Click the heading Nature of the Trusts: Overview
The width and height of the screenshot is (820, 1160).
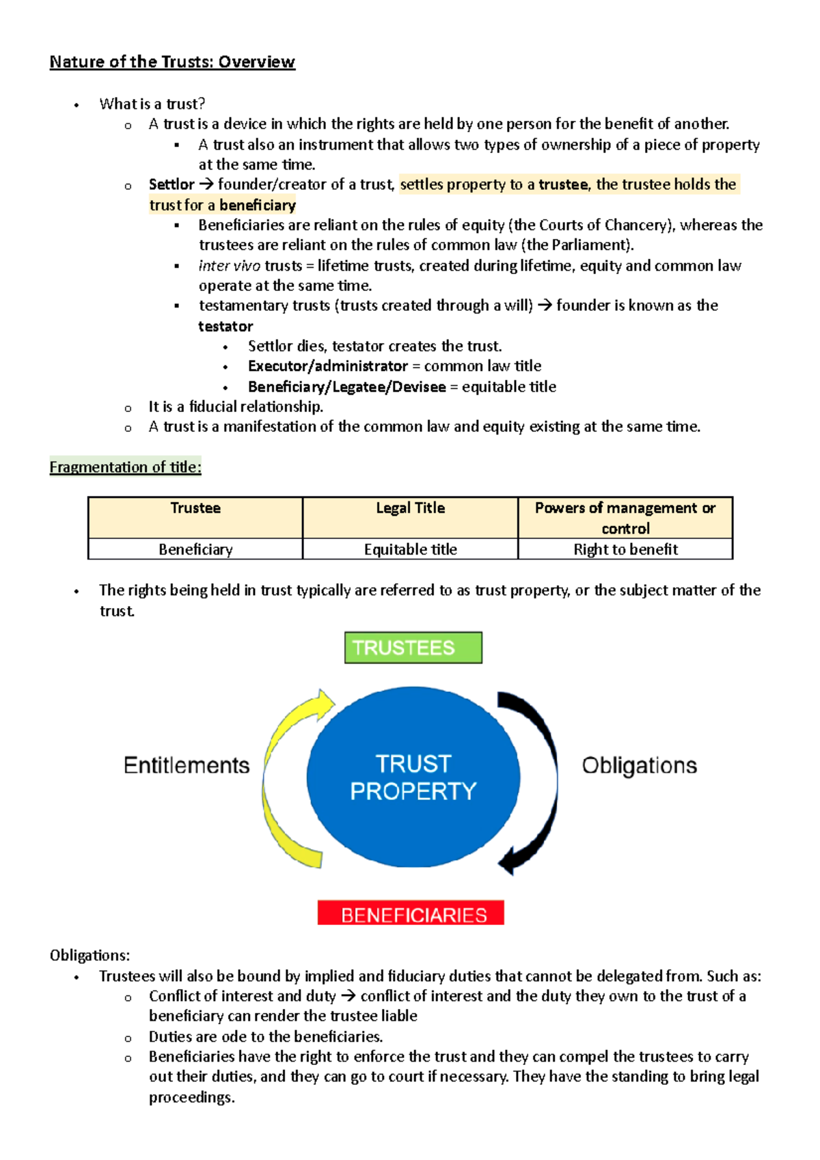coord(172,62)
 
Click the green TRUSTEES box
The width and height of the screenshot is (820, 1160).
coord(413,648)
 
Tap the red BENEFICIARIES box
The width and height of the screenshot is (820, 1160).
coord(411,913)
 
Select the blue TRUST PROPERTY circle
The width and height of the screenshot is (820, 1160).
coord(413,777)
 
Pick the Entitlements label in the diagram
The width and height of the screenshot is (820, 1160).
coord(187,765)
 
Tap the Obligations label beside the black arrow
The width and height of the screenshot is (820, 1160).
coord(639,765)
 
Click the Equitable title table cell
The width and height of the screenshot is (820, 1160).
coord(410,549)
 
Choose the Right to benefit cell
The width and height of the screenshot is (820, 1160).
coord(625,549)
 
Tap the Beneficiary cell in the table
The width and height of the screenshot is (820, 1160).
coord(195,549)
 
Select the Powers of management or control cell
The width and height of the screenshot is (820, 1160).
coord(625,517)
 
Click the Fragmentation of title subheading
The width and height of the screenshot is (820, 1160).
coord(126,467)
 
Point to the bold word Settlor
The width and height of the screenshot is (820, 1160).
coord(172,184)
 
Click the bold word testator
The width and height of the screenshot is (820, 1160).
coord(225,327)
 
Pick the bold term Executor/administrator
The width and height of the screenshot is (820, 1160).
coord(327,366)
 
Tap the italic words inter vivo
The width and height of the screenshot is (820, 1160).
coord(230,266)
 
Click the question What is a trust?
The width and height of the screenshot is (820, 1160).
coord(152,104)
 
